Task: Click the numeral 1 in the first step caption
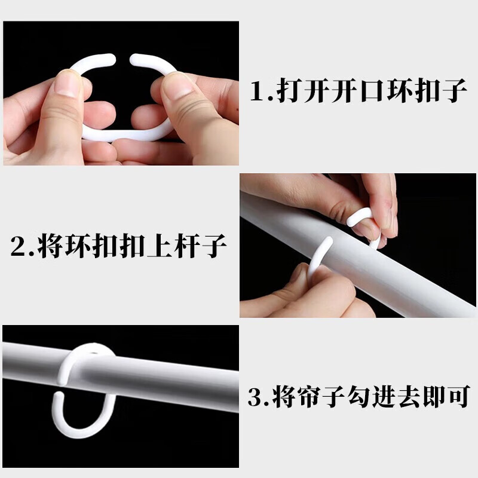click(258, 92)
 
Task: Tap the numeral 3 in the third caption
click(256, 396)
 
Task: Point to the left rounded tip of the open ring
click(109, 58)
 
